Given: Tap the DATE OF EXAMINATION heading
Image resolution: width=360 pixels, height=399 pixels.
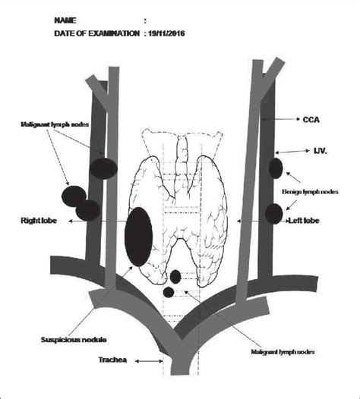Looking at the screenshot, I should [96, 33].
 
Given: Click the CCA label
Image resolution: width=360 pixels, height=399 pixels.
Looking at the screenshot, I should [311, 119].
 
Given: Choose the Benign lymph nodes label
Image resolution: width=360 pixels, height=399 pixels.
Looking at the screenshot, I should [311, 193].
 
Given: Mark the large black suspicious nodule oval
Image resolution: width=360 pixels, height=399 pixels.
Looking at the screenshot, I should [137, 237].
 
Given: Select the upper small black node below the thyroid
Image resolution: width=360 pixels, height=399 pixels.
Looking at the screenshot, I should [176, 277].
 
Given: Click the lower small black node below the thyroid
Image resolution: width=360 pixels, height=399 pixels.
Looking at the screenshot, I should [169, 291].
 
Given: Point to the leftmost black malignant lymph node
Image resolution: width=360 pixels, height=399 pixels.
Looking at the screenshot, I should [74, 197].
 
